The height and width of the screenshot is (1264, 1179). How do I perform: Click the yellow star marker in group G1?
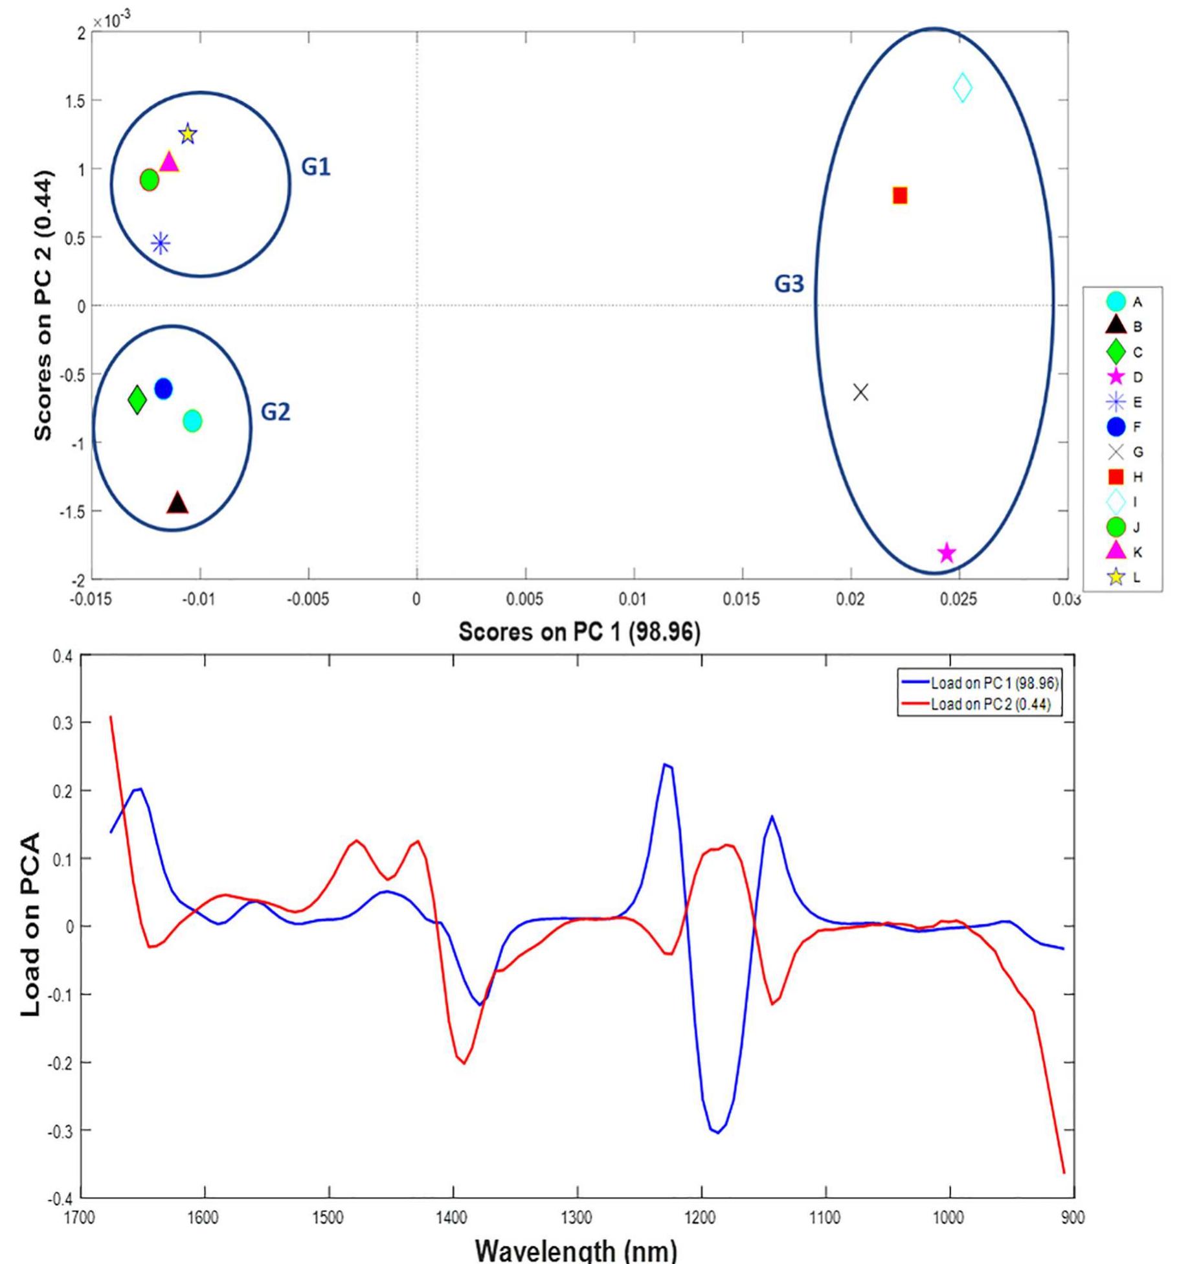pos(188,134)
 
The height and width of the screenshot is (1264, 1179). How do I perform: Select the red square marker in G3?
pos(900,196)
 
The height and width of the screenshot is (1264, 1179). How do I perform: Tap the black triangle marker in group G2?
pos(177,503)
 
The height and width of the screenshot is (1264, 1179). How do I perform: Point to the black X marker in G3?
pos(860,392)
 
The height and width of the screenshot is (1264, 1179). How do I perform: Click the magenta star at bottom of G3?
pos(947,553)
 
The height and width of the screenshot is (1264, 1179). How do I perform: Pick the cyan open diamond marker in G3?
pos(963,87)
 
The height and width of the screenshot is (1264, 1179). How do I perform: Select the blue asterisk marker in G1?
pos(161,244)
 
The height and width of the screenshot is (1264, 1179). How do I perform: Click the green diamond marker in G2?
pos(137,400)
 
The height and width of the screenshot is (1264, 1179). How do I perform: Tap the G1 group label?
pos(316,167)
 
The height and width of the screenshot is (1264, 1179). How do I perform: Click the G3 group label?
pos(789,284)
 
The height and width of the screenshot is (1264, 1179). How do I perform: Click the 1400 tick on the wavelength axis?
pos(451,1218)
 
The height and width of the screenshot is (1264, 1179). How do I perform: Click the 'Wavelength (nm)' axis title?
pos(576,1249)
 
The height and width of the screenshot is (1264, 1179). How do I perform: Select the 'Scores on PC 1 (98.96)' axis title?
pos(579,632)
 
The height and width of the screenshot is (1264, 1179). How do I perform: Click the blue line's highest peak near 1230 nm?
pos(666,765)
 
